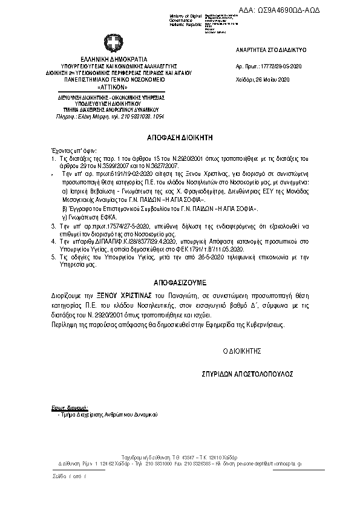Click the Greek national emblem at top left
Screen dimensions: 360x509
(113, 43)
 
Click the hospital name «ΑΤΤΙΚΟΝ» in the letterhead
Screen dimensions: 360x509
(113, 86)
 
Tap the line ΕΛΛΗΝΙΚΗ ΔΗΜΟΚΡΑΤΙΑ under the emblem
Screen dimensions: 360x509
(113, 59)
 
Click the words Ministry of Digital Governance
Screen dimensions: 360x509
(186, 16)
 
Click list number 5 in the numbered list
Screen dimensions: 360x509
(53, 257)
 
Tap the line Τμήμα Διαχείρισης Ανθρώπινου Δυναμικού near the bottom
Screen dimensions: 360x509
(106, 415)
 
